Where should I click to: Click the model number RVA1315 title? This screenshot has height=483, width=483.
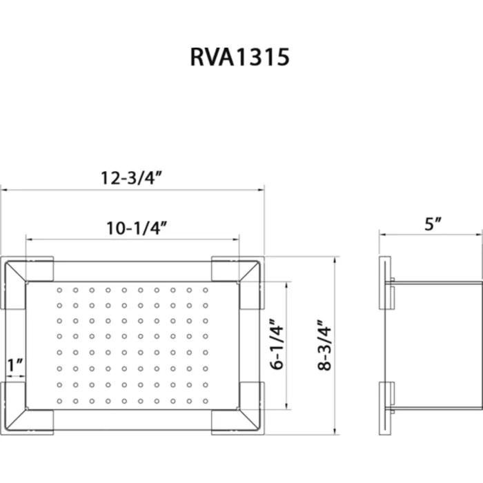coord(240,57)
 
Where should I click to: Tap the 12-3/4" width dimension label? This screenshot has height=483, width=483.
coord(132,178)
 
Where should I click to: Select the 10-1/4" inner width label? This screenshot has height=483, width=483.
coord(137,228)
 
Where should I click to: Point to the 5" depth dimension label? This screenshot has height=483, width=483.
coord(433,224)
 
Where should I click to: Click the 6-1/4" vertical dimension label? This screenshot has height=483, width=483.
coord(277,344)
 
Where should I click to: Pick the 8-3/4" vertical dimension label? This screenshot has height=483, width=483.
coord(324,345)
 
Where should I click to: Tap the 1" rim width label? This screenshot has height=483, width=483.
coord(14,365)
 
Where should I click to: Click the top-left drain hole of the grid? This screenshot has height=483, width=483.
coord(59,290)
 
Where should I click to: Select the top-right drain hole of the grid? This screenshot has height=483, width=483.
coord(206,290)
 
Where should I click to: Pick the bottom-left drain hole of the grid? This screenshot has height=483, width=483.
coord(59,401)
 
